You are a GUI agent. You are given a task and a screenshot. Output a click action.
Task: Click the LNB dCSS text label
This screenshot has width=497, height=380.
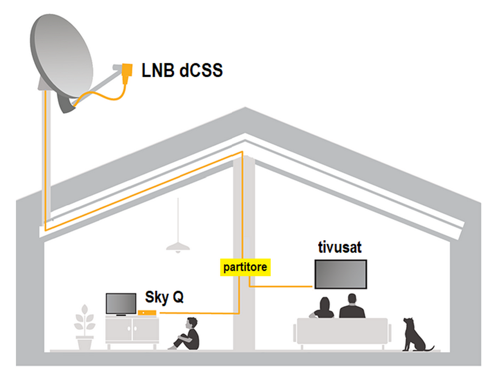coord(181,71)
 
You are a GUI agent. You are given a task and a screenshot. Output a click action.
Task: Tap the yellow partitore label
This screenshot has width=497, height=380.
coord(245,267)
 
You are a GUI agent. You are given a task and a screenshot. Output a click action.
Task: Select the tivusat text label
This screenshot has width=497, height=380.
coord(340,247)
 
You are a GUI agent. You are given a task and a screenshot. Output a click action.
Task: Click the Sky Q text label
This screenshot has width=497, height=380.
coord(164,297)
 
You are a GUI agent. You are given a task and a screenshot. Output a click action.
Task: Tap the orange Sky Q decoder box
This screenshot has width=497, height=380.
coord(148,312)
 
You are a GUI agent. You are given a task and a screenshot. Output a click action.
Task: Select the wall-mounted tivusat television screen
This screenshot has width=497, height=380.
coord(340,274)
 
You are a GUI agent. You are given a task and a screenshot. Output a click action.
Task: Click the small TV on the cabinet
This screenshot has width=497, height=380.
coord(121,303)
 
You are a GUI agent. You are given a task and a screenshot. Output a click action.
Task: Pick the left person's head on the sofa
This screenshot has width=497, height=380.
coord(325,303)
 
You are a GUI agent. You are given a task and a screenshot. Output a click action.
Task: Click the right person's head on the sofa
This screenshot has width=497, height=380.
coord(351,299)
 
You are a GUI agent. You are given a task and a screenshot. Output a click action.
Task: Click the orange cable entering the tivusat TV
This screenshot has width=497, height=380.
coord(283,286)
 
